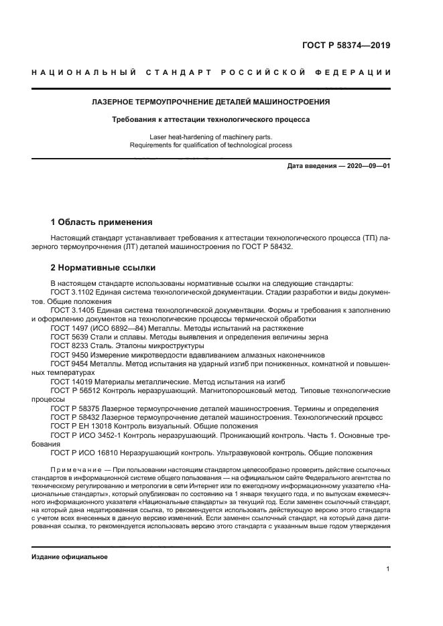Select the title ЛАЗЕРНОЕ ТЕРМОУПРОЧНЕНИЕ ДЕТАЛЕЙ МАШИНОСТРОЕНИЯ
[x=210, y=102]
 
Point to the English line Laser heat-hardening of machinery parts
[x=210, y=137]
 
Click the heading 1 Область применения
[x=102, y=222]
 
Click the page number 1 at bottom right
[x=387, y=570]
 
